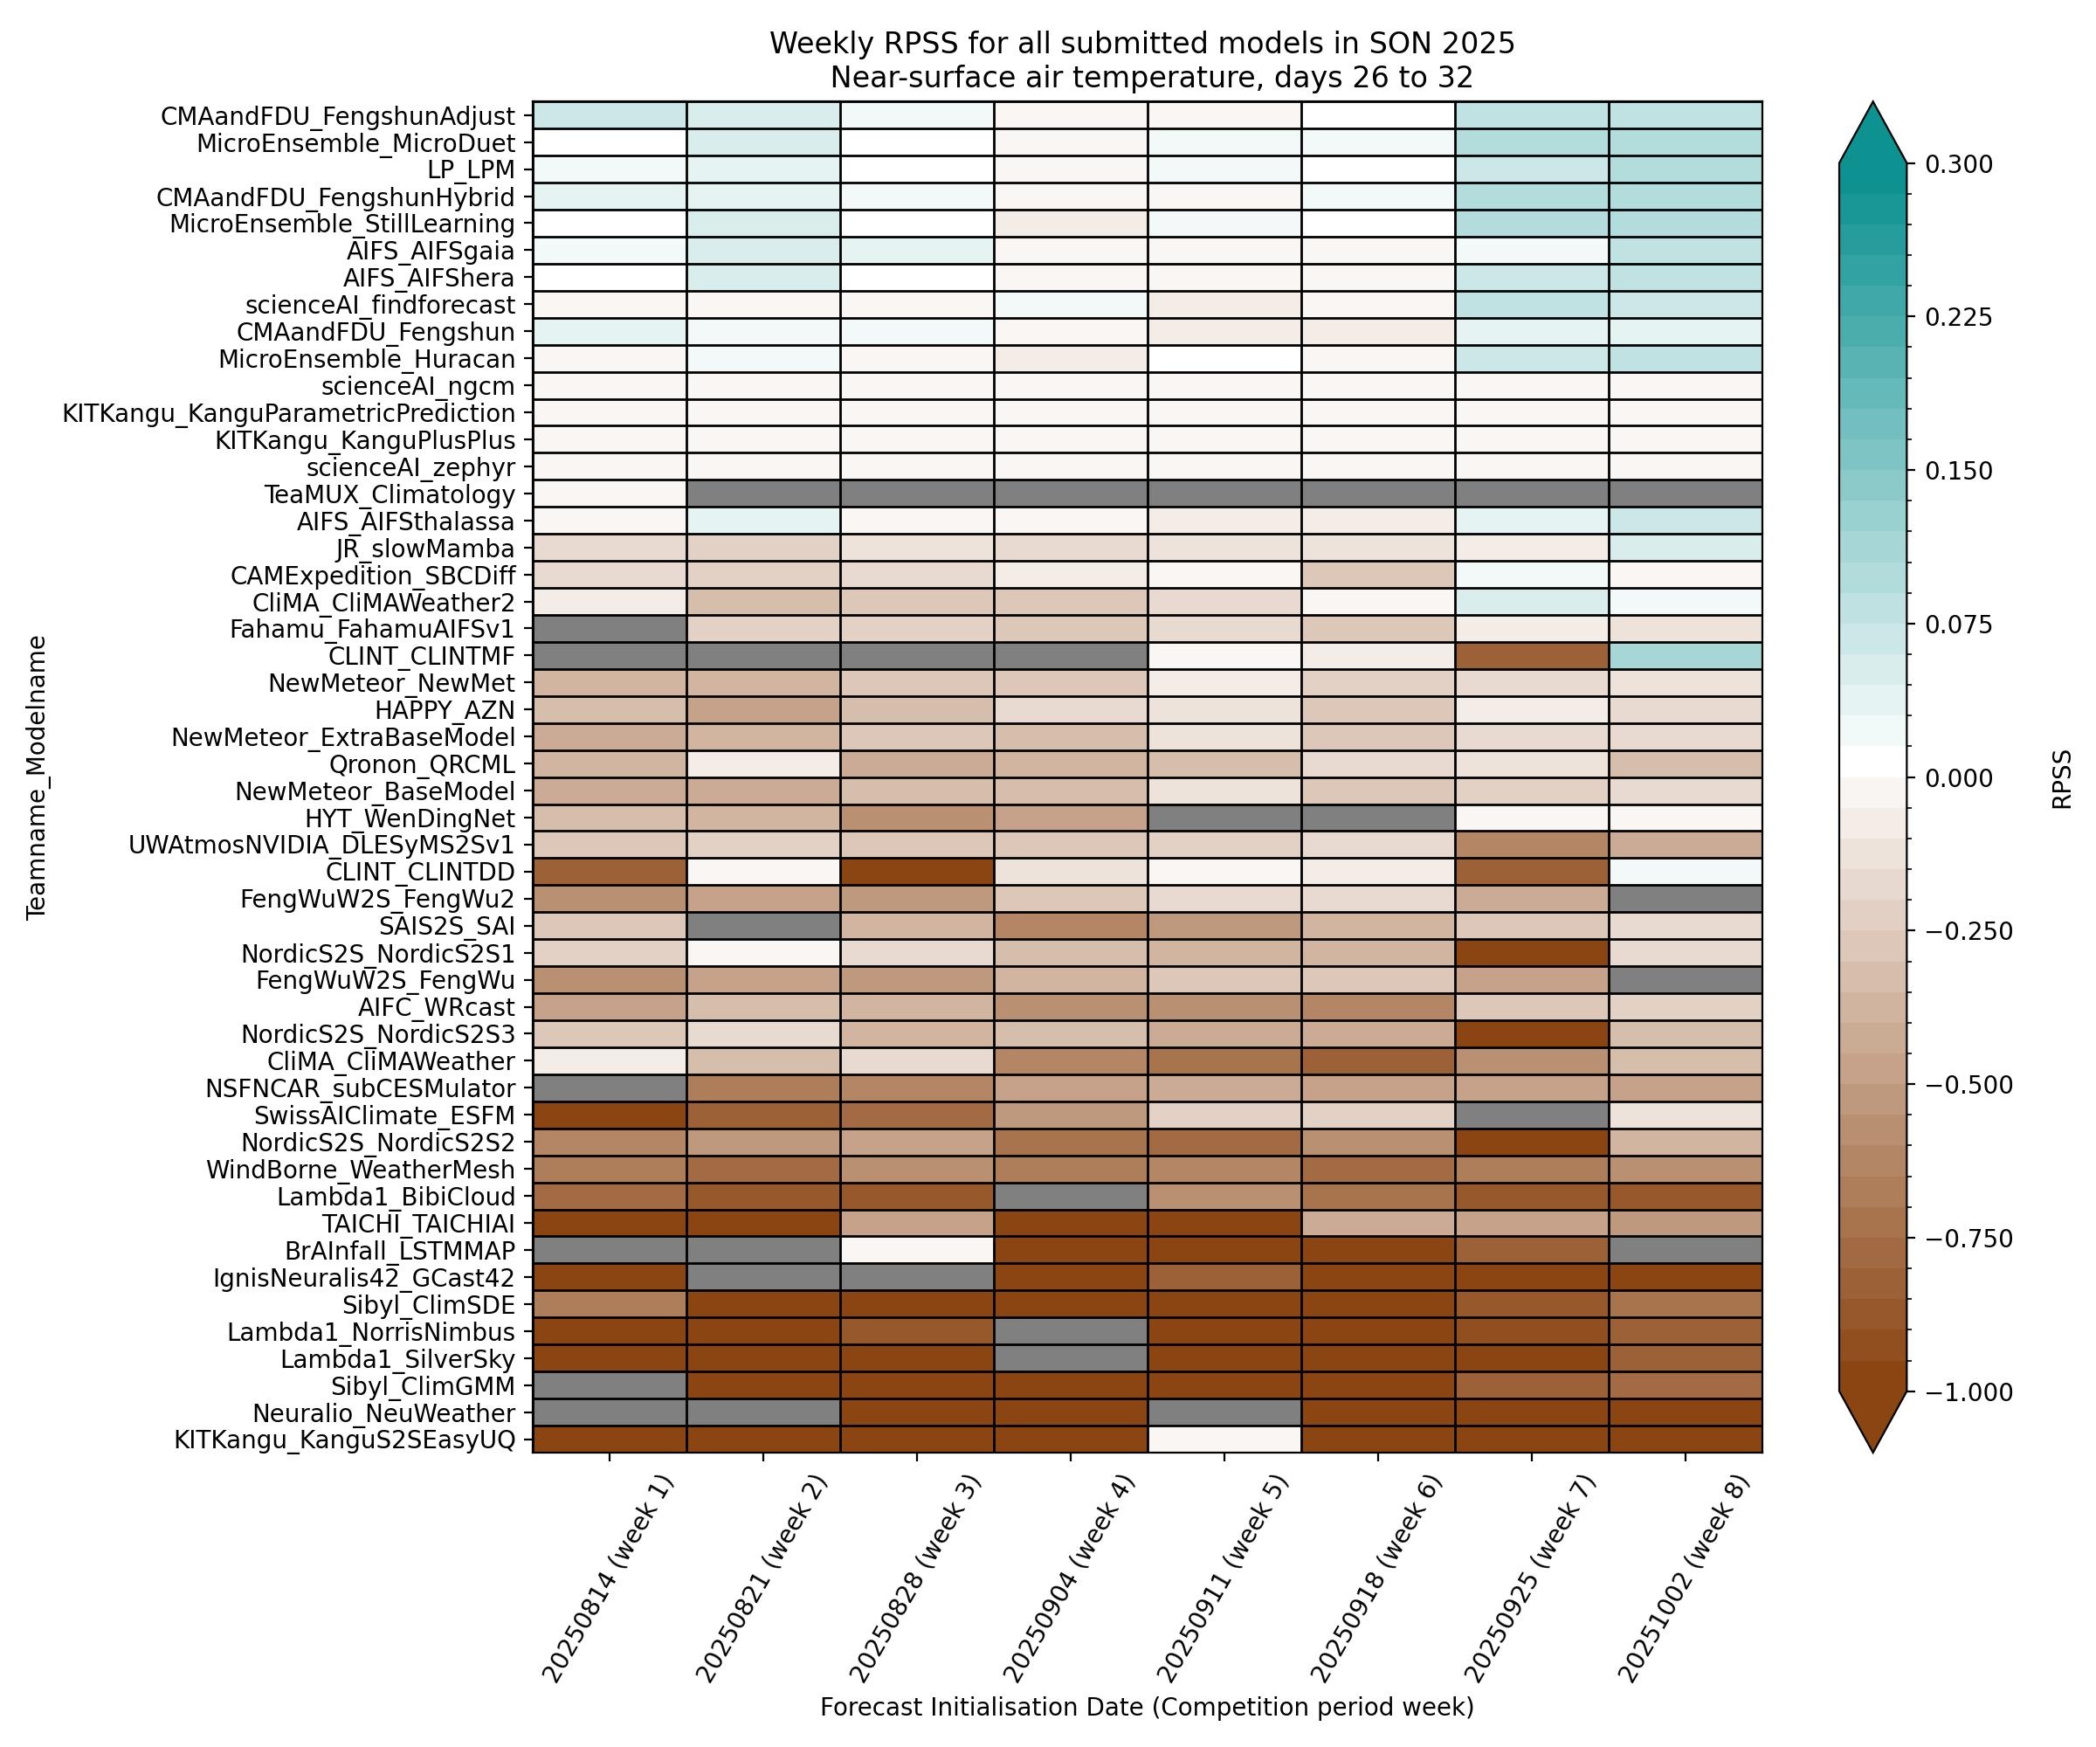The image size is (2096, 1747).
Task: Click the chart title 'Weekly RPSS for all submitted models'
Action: pos(1141,44)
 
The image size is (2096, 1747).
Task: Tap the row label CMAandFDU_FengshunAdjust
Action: pos(338,116)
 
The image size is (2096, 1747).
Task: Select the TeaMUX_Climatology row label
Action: pos(390,495)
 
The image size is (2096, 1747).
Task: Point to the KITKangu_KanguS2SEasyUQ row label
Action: pos(344,1440)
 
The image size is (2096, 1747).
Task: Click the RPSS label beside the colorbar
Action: pos(2062,778)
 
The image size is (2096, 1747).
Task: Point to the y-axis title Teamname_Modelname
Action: pos(37,777)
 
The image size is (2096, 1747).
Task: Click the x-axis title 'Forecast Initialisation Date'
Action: pos(1146,1707)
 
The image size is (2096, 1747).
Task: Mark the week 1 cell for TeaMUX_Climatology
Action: pos(610,494)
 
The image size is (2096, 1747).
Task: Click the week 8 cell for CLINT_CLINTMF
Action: pos(1685,656)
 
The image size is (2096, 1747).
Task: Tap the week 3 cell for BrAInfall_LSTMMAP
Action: pos(917,1250)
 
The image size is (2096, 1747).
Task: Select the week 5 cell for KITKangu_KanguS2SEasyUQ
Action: pos(1224,1440)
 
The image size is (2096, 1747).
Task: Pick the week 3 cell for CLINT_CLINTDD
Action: pos(917,872)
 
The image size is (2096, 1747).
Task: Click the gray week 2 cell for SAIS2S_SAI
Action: pos(763,925)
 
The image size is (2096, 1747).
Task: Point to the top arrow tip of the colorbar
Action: pos(1872,103)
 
